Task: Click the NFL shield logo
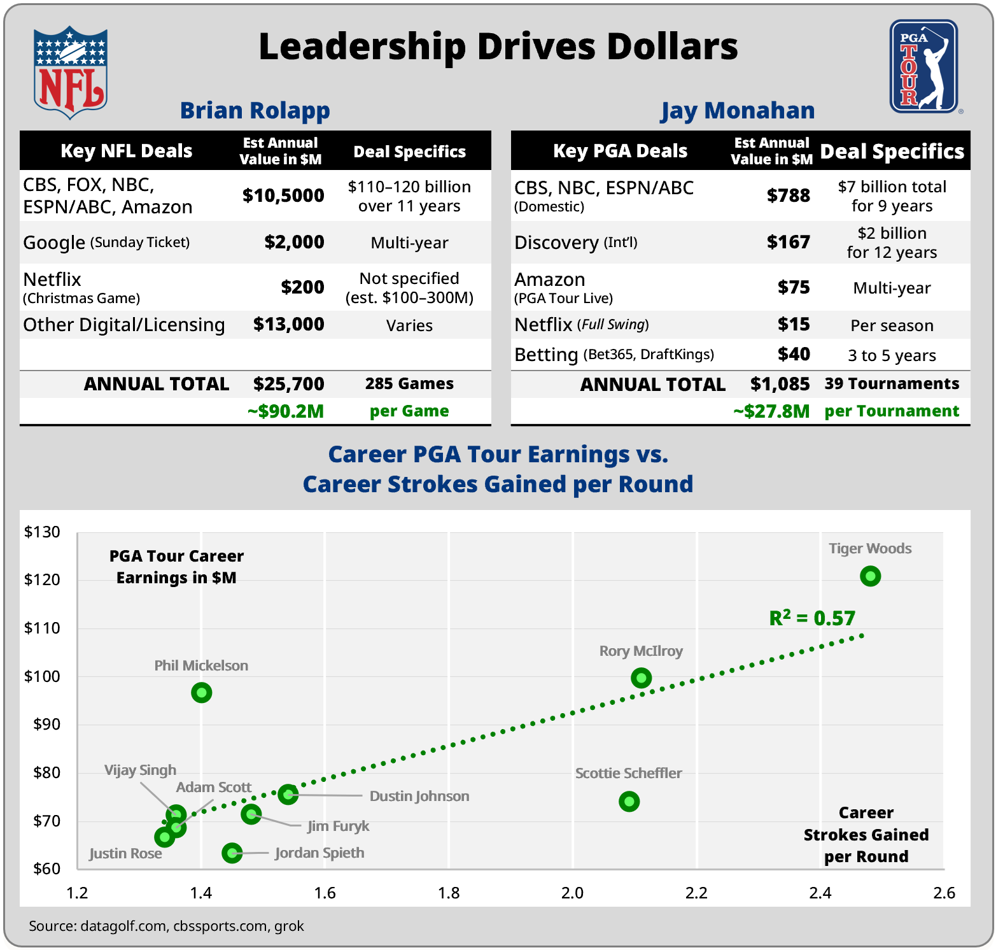[x=71, y=72]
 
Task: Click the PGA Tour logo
[x=923, y=67]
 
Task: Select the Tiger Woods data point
[x=870, y=576]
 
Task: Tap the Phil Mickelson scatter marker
[x=201, y=692]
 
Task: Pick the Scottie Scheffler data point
[x=629, y=801]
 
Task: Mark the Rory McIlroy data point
[x=641, y=678]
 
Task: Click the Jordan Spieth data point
[x=232, y=853]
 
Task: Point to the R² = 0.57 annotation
[x=812, y=618]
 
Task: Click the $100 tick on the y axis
[x=42, y=676]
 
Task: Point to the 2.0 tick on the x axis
[x=572, y=893]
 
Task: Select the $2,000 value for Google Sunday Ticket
[x=294, y=242]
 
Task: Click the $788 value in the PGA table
[x=788, y=195]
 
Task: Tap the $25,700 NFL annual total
[x=288, y=384]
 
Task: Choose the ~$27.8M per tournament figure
[x=771, y=411]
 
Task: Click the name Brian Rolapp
[x=255, y=110]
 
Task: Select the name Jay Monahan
[x=737, y=110]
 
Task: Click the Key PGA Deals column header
[x=620, y=151]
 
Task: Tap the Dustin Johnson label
[x=419, y=796]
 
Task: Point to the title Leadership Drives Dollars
[x=498, y=46]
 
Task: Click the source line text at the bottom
[x=166, y=926]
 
